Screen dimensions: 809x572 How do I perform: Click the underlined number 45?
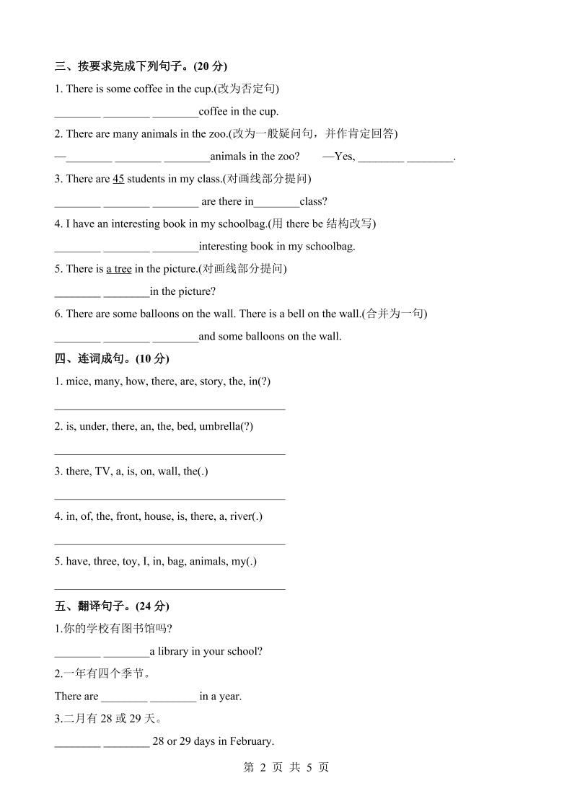(x=119, y=179)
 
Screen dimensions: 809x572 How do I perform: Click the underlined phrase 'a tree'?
(x=119, y=269)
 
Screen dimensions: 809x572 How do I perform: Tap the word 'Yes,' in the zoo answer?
(x=345, y=156)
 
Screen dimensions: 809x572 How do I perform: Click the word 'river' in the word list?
(x=242, y=516)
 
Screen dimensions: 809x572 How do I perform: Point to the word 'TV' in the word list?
(x=102, y=472)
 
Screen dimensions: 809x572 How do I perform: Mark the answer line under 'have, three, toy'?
(x=170, y=588)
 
